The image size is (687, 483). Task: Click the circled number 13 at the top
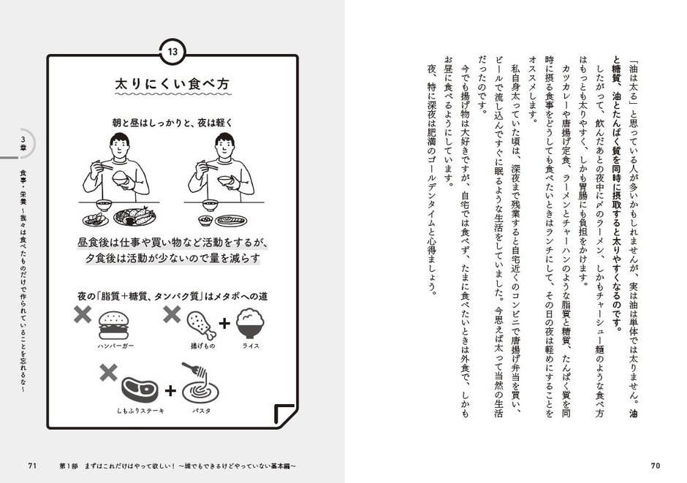tap(172, 52)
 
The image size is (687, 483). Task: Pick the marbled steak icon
tap(141, 387)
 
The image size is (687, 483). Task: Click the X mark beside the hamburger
tap(82, 316)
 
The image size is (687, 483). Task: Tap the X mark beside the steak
tap(108, 373)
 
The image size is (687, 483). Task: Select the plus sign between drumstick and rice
tap(224, 324)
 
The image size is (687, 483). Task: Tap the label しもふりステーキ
tap(141, 411)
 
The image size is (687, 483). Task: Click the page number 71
tap(32, 466)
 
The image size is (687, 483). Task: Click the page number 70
tap(655, 466)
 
